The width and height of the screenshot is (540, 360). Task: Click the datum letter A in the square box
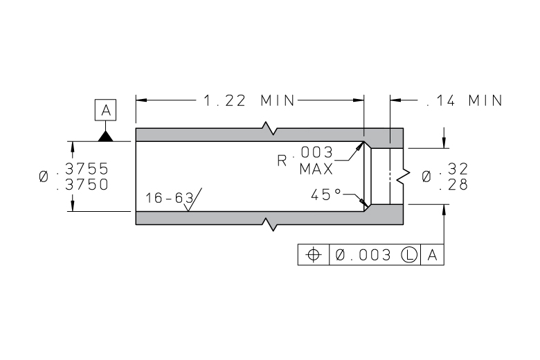[106, 110]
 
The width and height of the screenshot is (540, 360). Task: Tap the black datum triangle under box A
[105, 136]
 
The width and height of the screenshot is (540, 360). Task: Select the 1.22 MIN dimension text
[249, 100]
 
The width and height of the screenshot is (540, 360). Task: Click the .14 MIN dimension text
[465, 100]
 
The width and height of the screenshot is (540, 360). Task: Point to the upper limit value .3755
[82, 169]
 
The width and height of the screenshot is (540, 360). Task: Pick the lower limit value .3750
[82, 185]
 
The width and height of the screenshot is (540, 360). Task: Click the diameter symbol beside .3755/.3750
[44, 177]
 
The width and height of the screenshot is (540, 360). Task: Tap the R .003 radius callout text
[305, 156]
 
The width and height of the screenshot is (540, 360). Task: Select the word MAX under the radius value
[316, 169]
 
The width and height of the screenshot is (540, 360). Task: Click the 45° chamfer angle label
[326, 195]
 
